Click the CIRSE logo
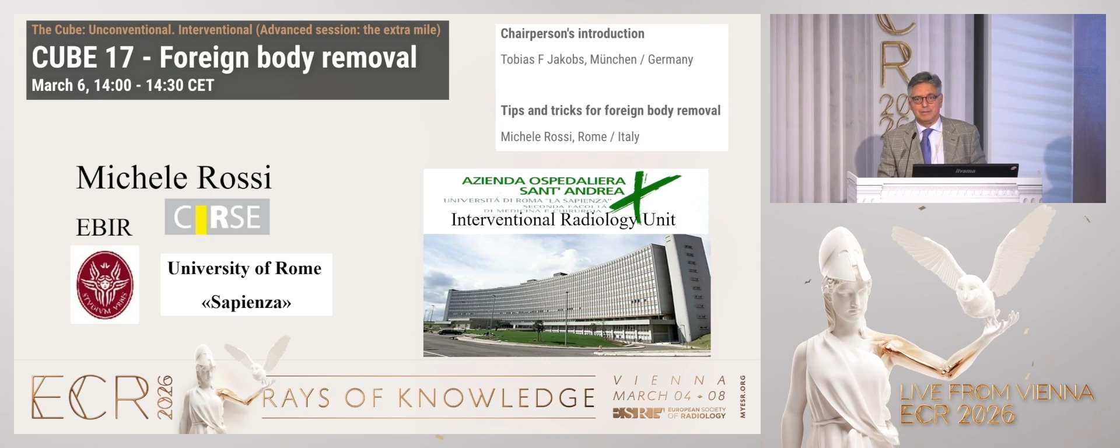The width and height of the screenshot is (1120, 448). click(217, 217)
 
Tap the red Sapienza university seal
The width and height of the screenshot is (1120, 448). click(105, 285)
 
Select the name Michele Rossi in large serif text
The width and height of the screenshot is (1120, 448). click(174, 177)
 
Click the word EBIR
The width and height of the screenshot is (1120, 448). click(104, 228)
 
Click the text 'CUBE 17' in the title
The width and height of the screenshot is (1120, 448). click(82, 58)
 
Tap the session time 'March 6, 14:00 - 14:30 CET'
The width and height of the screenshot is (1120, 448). click(123, 86)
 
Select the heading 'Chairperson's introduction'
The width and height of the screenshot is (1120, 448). click(572, 34)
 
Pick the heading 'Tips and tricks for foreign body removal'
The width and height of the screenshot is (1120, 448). click(610, 111)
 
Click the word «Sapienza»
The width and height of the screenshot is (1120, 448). click(246, 302)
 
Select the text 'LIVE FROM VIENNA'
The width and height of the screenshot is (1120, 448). click(996, 393)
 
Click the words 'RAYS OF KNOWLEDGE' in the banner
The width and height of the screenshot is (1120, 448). click(429, 398)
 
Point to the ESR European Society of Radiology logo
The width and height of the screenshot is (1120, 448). click(669, 413)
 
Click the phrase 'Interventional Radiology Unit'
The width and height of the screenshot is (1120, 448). click(563, 220)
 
